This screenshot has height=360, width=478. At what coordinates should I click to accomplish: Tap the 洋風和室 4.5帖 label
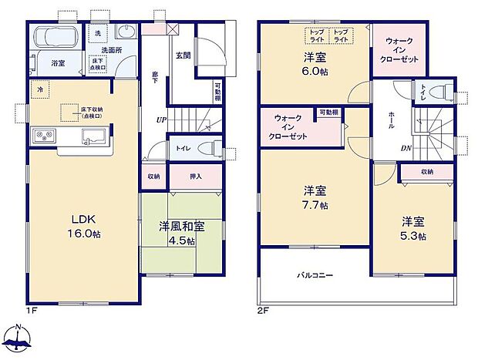[x=177, y=234]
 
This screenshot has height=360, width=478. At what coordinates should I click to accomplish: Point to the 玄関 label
[x=183, y=56]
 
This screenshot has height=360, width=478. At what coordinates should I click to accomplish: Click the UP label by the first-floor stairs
[x=161, y=120]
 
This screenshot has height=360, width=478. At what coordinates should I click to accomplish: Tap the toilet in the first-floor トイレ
[x=203, y=149]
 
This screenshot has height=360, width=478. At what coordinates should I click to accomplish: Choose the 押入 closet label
[x=196, y=177]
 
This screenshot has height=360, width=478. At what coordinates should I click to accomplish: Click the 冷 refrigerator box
[x=39, y=89]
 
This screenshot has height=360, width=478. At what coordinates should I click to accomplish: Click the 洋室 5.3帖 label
[x=412, y=229]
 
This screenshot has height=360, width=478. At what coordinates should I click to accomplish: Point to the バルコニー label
[x=315, y=274]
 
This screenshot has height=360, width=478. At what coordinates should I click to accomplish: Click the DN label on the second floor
[x=406, y=149]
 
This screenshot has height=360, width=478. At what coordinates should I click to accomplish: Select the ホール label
[x=391, y=119]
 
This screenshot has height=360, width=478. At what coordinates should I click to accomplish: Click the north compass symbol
[x=19, y=338]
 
